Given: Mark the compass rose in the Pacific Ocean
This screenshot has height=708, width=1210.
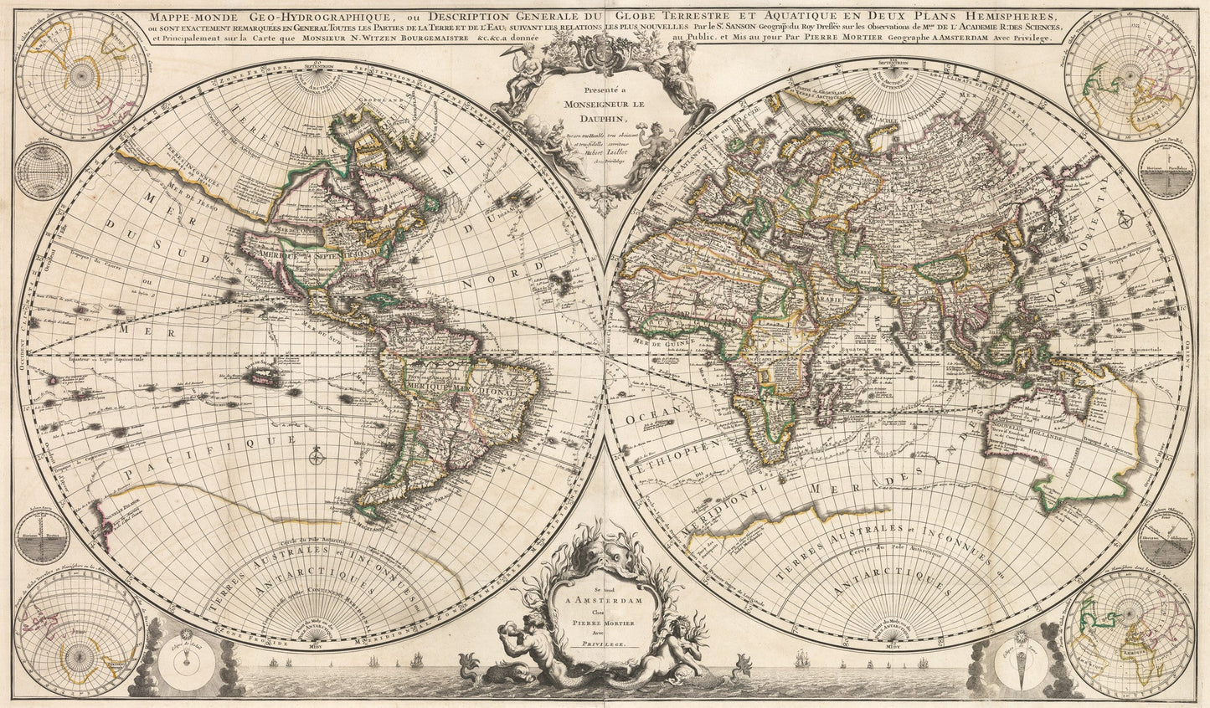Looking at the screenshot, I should (x=317, y=457).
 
